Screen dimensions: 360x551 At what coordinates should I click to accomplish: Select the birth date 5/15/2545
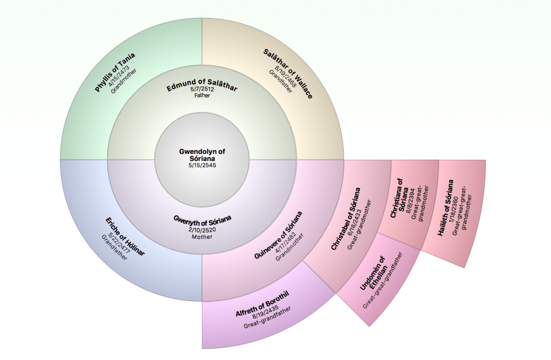pyautogui.click(x=202, y=165)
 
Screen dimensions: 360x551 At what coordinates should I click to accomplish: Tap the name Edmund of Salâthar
pyautogui.click(x=202, y=85)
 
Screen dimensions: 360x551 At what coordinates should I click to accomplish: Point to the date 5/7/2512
pyautogui.click(x=202, y=90)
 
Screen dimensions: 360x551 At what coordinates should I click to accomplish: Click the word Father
pyautogui.click(x=202, y=96)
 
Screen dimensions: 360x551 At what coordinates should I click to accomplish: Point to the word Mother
pyautogui.click(x=202, y=237)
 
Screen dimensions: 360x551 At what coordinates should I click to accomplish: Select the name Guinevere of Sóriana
pyautogui.click(x=279, y=235)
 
